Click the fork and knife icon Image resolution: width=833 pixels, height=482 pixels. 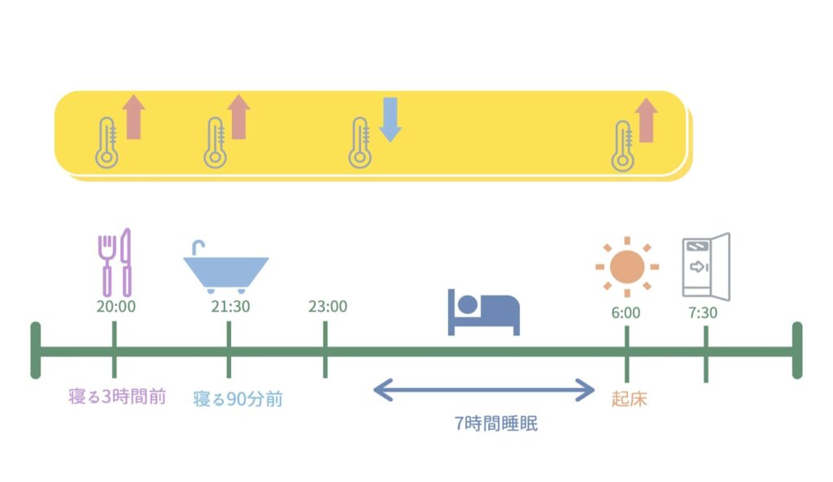pyautogui.click(x=115, y=262)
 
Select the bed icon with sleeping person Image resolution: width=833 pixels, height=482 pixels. pyautogui.click(x=483, y=313)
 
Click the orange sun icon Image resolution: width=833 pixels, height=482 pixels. pyautogui.click(x=627, y=266)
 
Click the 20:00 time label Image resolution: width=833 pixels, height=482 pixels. pyautogui.click(x=116, y=306)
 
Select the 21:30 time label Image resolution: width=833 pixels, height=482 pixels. pyautogui.click(x=230, y=306)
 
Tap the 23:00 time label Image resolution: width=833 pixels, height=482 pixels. pyautogui.click(x=328, y=306)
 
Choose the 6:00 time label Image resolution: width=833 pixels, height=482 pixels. pyautogui.click(x=626, y=313)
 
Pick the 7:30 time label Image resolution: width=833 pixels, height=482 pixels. pyautogui.click(x=703, y=313)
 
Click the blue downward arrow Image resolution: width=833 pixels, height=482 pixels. pyautogui.click(x=390, y=120)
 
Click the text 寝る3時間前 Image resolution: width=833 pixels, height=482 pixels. pyautogui.click(x=117, y=397)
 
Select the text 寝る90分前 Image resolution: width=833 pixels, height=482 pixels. pyautogui.click(x=238, y=399)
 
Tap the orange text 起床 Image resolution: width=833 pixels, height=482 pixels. pyautogui.click(x=629, y=399)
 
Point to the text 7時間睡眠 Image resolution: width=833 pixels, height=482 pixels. pyautogui.click(x=496, y=423)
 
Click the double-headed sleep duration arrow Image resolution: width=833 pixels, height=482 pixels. pyautogui.click(x=484, y=390)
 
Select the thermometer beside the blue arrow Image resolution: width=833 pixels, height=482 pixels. pyautogui.click(x=360, y=142)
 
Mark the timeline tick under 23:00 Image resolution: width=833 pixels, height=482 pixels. pyautogui.click(x=325, y=349)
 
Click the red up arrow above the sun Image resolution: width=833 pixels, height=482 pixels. pyautogui.click(x=646, y=120)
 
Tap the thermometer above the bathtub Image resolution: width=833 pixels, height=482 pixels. pyautogui.click(x=215, y=142)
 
